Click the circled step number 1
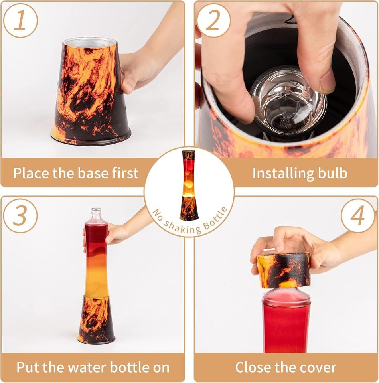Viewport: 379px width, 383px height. pos(20,20)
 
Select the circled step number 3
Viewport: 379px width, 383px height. pos(20,216)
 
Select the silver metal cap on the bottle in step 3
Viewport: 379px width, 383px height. pos(96,210)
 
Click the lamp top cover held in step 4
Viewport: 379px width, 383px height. pos(284,270)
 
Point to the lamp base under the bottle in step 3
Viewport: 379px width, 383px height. pos(96,319)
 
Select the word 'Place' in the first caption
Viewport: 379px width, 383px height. pos(32,173)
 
